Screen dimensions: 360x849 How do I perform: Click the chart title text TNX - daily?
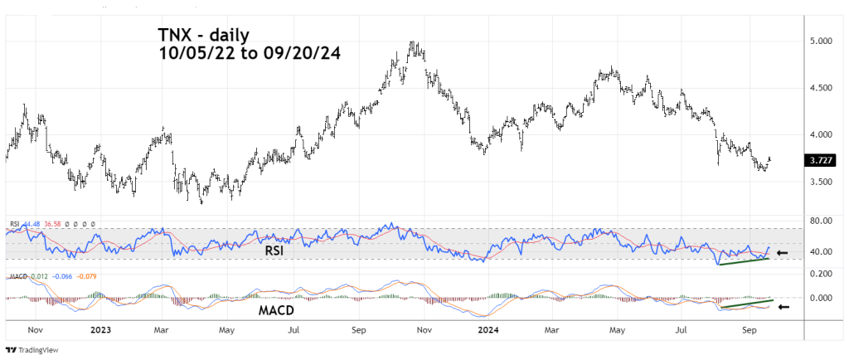pos(204,35)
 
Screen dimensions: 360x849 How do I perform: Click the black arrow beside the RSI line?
pos(783,252)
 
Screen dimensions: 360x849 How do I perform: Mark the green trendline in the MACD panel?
pos(747,304)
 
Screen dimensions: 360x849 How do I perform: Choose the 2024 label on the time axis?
pos(485,329)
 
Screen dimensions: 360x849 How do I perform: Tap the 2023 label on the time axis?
pos(99,329)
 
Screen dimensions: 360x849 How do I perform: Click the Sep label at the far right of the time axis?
pos(748,329)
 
